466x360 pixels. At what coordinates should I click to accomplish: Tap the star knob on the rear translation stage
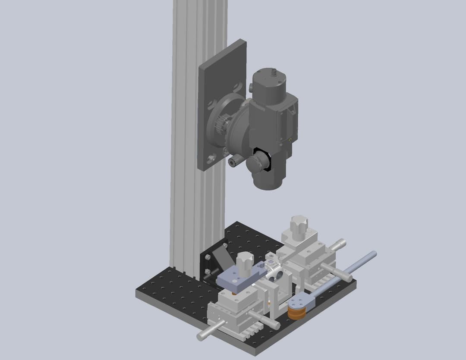pyautogui.click(x=300, y=224)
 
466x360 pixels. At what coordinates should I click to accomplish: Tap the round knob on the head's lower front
pyautogui.click(x=258, y=163)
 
